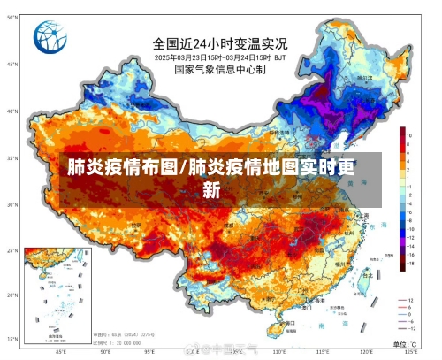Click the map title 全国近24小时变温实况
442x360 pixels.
coord(219,42)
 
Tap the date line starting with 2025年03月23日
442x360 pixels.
coord(219,57)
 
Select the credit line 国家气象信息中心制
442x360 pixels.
coord(219,69)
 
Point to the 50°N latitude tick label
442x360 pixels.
coord(12,65)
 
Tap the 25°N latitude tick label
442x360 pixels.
coord(12,249)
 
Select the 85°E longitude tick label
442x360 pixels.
coord(61,351)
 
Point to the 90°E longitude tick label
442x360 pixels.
coord(105,351)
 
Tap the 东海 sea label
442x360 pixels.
coord(375,226)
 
